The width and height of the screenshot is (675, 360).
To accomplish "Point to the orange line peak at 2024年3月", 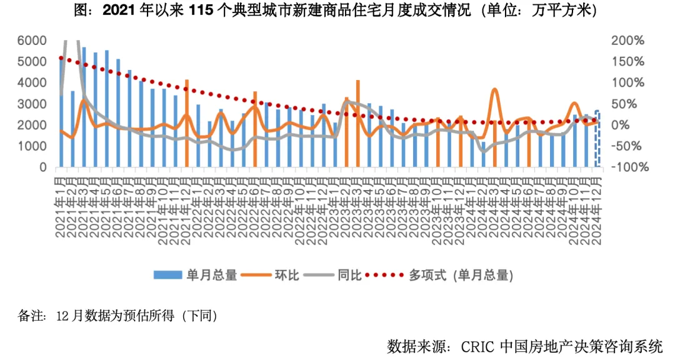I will [x=494, y=90].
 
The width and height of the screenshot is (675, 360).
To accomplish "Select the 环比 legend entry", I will [x=276, y=274].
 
